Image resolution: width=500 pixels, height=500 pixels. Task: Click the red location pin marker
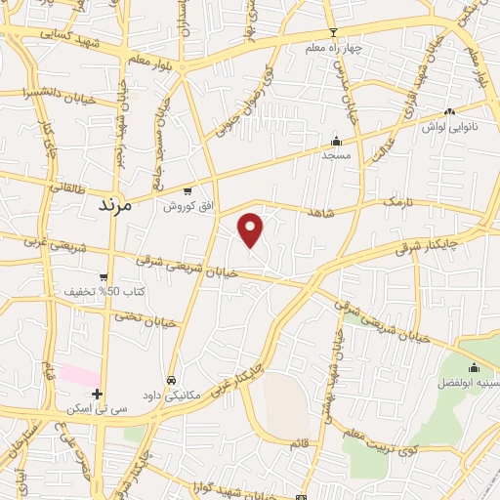pos(251,229)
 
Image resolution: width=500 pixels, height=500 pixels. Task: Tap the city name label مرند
pos(120,207)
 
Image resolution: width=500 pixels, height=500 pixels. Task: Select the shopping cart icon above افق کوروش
pos(187,192)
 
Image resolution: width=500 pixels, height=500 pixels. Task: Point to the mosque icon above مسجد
pos(337,141)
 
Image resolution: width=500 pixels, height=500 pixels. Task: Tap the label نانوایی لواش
pos(448,127)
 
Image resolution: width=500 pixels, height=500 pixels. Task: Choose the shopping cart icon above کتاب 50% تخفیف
pos(104,276)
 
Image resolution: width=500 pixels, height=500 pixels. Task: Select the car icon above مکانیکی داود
pos(171,380)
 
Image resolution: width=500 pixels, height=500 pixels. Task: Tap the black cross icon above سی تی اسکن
pos(97,394)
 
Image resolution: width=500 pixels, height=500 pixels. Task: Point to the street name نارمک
pos(400,201)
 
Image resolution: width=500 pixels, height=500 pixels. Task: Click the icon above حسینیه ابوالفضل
pos(474,367)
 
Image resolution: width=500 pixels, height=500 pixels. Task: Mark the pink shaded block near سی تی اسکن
pos(78,375)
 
